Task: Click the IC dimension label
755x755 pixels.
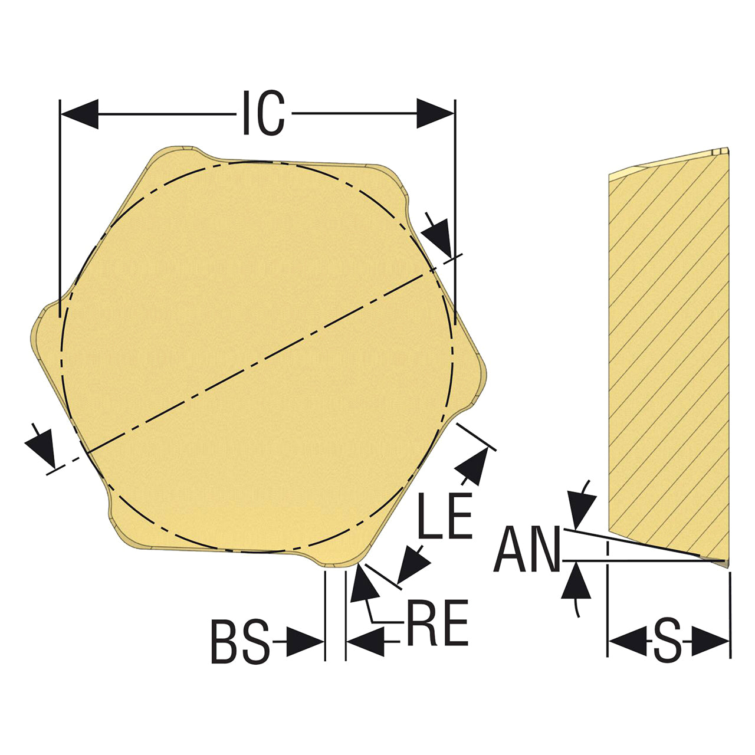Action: (264, 113)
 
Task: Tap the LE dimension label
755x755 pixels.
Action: (445, 516)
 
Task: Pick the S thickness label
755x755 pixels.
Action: (668, 642)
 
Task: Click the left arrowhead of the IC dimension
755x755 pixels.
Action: (80, 114)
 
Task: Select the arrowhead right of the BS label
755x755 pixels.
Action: (304, 642)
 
